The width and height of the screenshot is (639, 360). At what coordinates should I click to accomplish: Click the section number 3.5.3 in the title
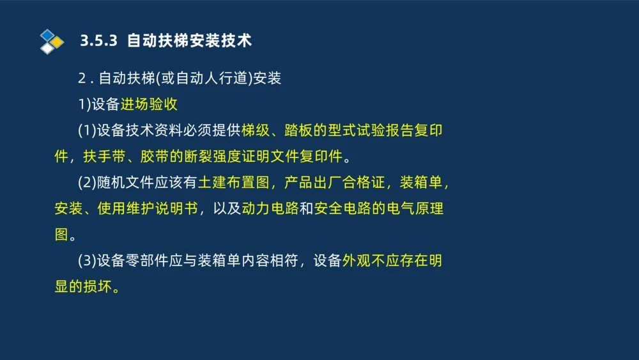[99, 41]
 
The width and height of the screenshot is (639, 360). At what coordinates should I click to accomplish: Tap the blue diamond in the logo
[47, 35]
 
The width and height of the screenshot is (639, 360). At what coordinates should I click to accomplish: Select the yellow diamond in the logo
[58, 42]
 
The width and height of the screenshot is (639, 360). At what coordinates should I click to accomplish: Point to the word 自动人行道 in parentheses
[212, 79]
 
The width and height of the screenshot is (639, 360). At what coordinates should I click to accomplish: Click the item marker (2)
[86, 183]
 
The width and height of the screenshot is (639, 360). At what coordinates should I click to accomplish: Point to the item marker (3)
[86, 261]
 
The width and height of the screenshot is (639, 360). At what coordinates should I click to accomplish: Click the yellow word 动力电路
[270, 209]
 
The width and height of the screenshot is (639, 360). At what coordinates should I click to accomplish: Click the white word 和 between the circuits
[306, 209]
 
